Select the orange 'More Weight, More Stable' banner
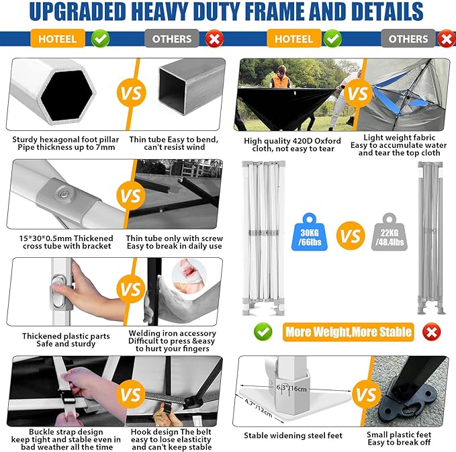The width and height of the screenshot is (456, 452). click(348, 332)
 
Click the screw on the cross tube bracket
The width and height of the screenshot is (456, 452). click(63, 193)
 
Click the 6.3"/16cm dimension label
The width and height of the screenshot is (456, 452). click(291, 388)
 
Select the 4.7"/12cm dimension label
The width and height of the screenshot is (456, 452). click(259, 408)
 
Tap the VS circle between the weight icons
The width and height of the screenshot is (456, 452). click(351, 235)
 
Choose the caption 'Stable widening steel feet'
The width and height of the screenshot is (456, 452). click(293, 435)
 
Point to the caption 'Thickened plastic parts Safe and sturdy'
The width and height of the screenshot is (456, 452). click(66, 340)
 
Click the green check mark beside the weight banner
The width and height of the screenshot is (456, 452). click(263, 332)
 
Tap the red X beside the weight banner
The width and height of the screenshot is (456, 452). click(432, 332)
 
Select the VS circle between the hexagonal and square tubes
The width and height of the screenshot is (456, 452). click(131, 93)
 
